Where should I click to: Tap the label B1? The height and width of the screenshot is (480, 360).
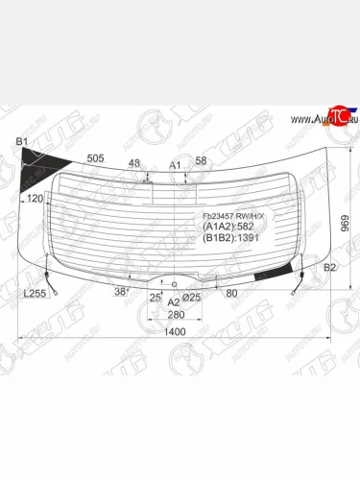click(x=22, y=143)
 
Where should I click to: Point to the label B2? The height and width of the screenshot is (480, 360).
click(x=329, y=268)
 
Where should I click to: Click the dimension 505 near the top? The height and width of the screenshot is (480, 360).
click(x=96, y=159)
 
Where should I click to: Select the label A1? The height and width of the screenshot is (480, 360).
click(x=175, y=165)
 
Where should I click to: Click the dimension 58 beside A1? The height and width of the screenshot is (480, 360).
click(x=201, y=160)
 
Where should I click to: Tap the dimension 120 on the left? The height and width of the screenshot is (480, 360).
click(x=36, y=198)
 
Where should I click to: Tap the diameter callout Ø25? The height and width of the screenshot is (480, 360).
click(x=191, y=298)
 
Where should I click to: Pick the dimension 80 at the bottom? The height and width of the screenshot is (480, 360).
click(x=231, y=294)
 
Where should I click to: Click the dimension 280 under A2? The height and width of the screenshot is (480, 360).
click(x=174, y=315)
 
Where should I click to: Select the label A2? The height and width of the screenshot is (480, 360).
click(x=174, y=302)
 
